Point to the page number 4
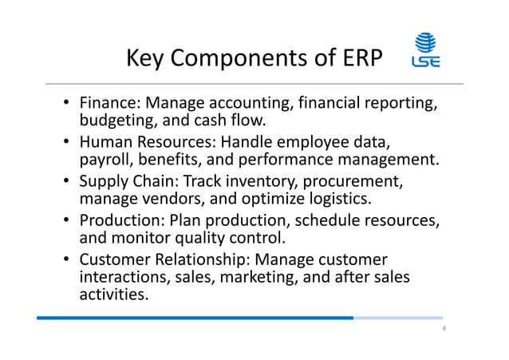tap(443, 330)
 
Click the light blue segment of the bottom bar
tap(397, 318)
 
